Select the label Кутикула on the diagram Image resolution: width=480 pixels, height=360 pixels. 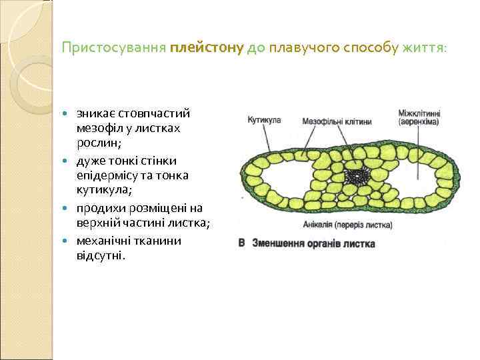(264, 121)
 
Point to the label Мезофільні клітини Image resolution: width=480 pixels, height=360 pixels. (337, 122)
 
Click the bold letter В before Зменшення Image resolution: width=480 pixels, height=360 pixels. (242, 243)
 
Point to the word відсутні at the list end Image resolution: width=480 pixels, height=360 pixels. (100, 256)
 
